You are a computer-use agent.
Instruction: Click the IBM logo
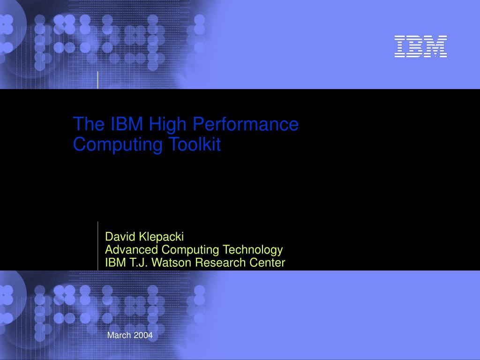click(x=420, y=46)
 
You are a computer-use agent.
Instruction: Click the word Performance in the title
click(x=246, y=124)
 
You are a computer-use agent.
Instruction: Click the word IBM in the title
click(x=128, y=124)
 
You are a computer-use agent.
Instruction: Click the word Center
click(x=269, y=262)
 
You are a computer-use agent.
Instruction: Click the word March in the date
click(x=119, y=335)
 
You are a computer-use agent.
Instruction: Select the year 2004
click(x=143, y=335)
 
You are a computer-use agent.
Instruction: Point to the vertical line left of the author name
click(x=98, y=246)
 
